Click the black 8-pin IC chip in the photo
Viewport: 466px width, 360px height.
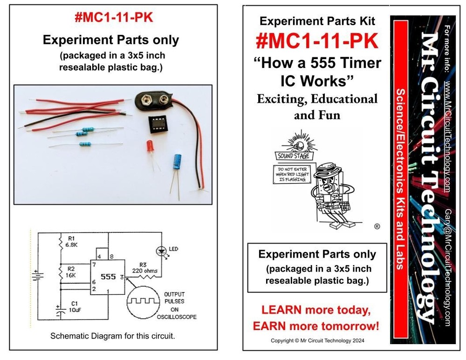(158, 124)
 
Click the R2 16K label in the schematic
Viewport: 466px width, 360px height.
(71, 272)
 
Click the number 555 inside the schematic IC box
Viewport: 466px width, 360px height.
(108, 277)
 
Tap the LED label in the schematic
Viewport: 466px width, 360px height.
(173, 249)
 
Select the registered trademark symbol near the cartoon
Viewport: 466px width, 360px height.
(377, 227)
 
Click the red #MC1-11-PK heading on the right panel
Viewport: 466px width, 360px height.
(316, 41)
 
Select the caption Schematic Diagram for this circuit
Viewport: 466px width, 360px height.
(112, 336)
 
